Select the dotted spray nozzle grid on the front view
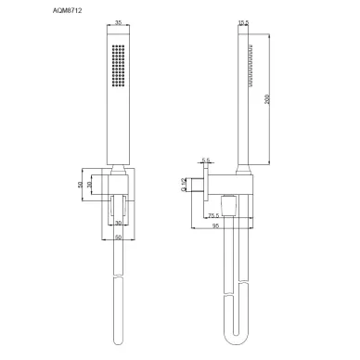click(117, 65)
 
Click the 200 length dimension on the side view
click(266, 100)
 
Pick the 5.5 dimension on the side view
click(206, 160)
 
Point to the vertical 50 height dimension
click(81, 185)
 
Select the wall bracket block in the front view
click(117, 190)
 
